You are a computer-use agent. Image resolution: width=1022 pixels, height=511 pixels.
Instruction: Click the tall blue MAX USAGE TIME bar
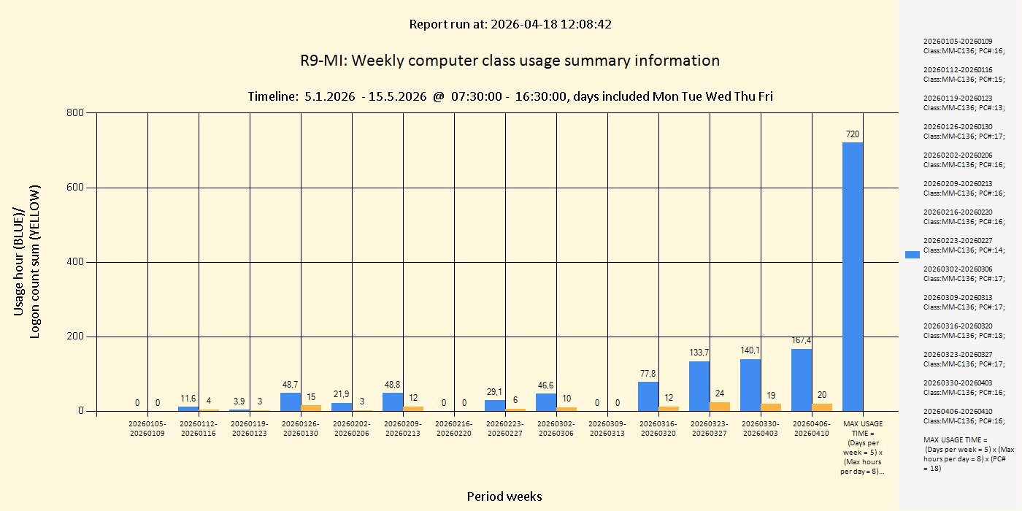(852, 277)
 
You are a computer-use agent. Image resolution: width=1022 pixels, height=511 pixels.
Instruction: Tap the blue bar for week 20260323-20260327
(699, 387)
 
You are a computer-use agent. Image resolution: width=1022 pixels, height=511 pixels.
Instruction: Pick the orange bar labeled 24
(720, 407)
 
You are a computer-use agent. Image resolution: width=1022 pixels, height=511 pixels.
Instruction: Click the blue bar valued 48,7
(290, 402)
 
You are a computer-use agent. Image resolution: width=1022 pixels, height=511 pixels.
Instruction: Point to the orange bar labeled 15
(311, 408)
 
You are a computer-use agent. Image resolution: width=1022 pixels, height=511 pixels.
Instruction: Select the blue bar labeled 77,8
(648, 396)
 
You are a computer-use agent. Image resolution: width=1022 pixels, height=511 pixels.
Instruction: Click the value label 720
(852, 134)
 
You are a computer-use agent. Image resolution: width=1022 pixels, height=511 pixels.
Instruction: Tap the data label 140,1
(750, 350)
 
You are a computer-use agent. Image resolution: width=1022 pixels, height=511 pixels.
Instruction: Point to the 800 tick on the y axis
(75, 113)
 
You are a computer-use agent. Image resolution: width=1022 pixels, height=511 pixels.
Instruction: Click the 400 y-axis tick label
(75, 262)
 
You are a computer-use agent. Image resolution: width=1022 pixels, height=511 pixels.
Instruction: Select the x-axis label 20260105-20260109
(147, 429)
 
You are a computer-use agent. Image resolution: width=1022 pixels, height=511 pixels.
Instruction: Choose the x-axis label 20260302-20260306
(556, 429)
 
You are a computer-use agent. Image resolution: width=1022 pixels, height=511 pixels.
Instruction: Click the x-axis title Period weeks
(504, 496)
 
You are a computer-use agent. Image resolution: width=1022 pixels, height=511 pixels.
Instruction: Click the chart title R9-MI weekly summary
(510, 61)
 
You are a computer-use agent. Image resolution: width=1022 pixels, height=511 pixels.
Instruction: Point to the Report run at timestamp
(510, 24)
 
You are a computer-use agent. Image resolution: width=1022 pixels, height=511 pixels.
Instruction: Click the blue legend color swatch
(912, 255)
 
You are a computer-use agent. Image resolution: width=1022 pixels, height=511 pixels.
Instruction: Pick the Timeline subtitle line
(510, 96)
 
